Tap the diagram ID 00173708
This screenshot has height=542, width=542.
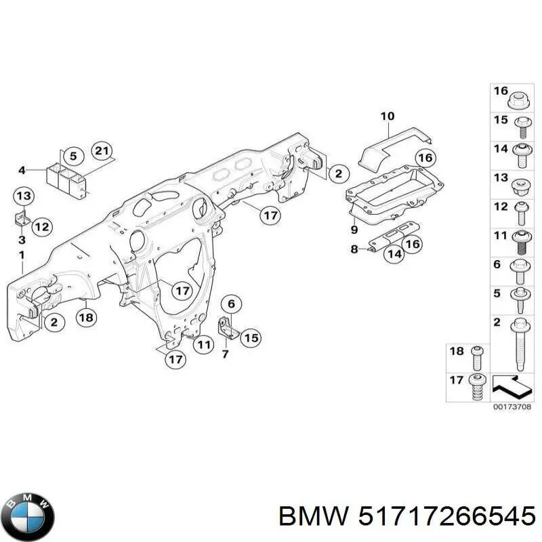coord(512,407)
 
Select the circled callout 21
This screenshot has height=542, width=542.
coord(102,151)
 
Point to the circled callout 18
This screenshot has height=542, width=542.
coord(86,317)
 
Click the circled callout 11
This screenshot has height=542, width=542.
coord(203,344)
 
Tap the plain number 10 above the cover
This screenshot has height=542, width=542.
coord(387,116)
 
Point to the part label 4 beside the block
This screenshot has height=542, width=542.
coord(22,169)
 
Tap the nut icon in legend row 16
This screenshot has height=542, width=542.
coord(518,100)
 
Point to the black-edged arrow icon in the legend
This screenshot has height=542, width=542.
coord(512,385)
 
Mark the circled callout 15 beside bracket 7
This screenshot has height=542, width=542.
coord(251,337)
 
